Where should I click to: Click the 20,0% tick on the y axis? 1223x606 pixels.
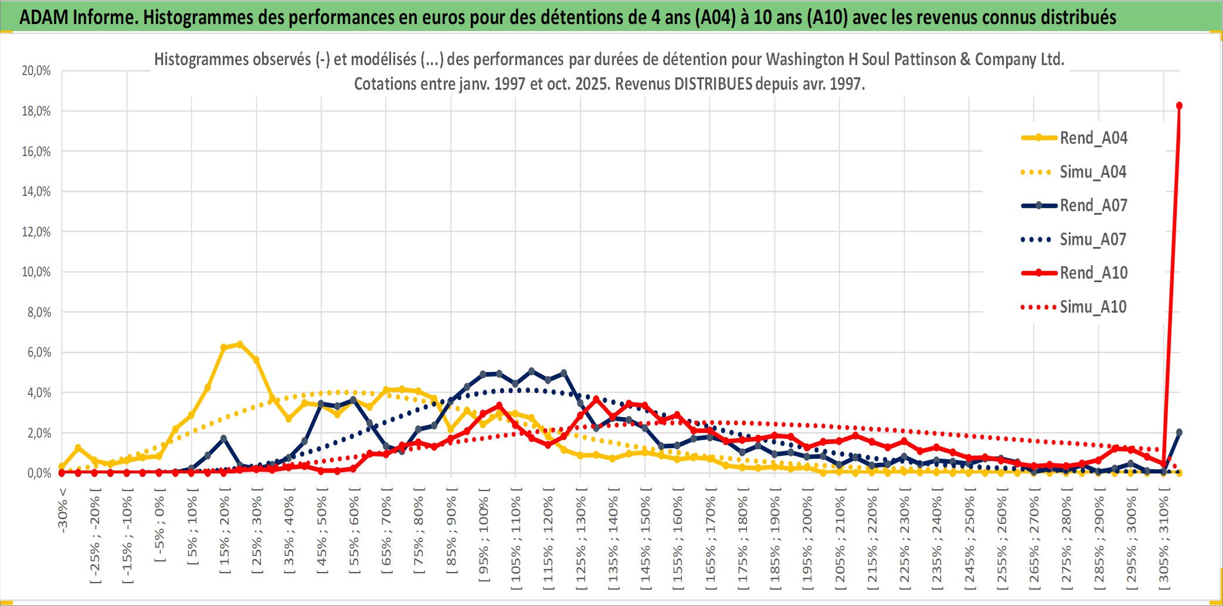(36, 71)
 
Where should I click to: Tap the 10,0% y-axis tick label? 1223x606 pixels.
(36, 272)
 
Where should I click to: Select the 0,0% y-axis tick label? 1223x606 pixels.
(39, 473)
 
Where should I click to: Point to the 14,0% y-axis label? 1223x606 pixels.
(36, 192)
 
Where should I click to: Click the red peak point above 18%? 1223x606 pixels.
(1179, 106)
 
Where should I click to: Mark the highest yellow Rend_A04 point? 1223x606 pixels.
(239, 344)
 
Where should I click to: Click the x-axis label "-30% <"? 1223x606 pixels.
(63, 510)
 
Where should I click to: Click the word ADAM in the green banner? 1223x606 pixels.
(44, 18)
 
